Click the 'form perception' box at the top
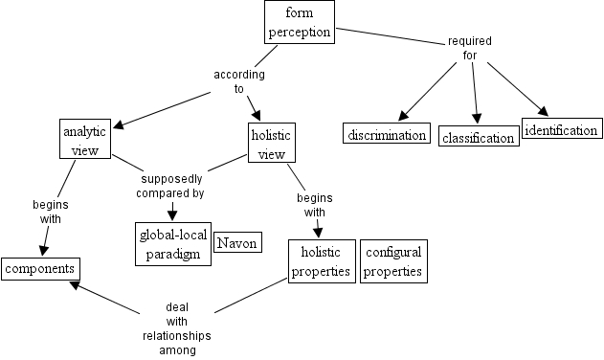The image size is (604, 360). point(299,22)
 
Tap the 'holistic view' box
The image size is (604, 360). point(271,142)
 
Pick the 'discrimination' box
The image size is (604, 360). point(386,135)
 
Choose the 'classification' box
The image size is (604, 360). point(479,138)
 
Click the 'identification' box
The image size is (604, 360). point(562,129)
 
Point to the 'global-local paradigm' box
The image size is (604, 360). point(169,244)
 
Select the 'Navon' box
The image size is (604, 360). point(237,243)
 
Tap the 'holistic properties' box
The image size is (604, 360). point(322,261)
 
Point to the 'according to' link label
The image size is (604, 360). point(239,81)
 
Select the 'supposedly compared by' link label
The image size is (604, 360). point(172,186)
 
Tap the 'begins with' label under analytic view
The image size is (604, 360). point(51,212)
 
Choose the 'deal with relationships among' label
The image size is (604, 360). point(177,328)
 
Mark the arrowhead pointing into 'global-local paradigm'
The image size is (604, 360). point(172,216)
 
